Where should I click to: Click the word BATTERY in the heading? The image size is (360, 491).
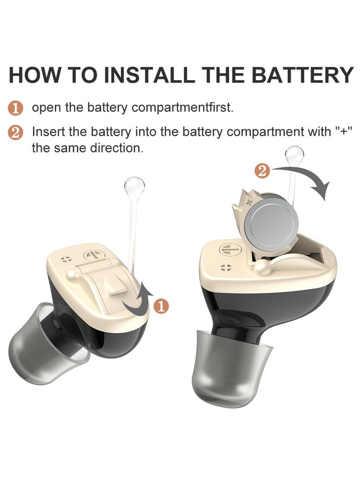pyautogui.click(x=302, y=75)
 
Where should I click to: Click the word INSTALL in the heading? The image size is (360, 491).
pyautogui.click(x=148, y=75)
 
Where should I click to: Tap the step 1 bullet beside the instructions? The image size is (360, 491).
pyautogui.click(x=15, y=108)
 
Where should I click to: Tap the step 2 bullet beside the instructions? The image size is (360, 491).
pyautogui.click(x=15, y=132)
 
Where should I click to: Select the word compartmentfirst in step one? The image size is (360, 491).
pyautogui.click(x=183, y=108)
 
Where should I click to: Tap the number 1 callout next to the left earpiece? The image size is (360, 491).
pyautogui.click(x=162, y=306)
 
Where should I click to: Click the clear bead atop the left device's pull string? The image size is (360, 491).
pyautogui.click(x=135, y=187)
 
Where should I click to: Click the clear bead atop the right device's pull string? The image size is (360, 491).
pyautogui.click(x=294, y=157)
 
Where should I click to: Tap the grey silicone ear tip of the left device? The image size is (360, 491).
pyautogui.click(x=45, y=344)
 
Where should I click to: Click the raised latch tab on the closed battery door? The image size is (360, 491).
pyautogui.click(x=116, y=287)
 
